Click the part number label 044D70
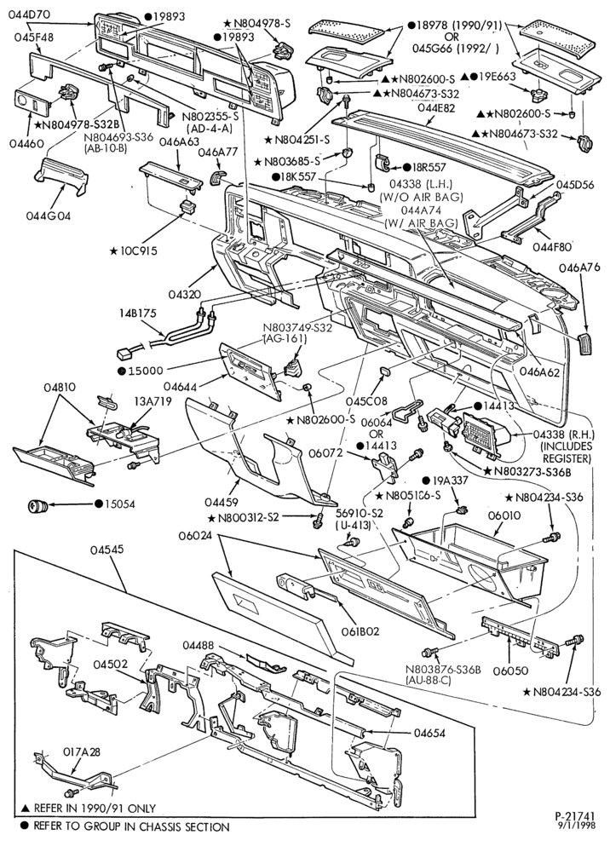click(x=29, y=14)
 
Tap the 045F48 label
click(x=34, y=37)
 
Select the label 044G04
click(x=48, y=216)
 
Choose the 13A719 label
click(x=153, y=401)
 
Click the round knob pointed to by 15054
click(x=37, y=506)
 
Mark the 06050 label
click(x=510, y=671)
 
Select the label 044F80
click(x=552, y=247)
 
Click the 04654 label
click(x=429, y=733)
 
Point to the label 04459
click(x=222, y=501)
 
